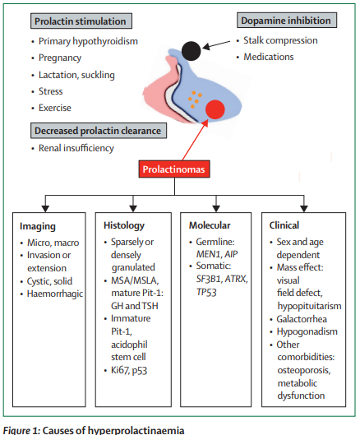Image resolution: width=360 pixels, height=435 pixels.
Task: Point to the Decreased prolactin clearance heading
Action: coord(97,129)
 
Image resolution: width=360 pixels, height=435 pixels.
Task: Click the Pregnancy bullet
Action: coord(62,58)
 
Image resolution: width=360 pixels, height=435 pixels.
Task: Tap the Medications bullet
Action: coord(272,57)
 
